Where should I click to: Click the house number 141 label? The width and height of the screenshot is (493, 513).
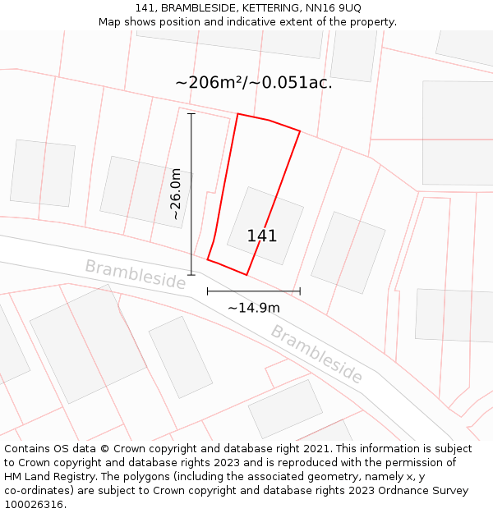tap(262, 236)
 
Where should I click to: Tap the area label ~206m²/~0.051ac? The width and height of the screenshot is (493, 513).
tap(254, 83)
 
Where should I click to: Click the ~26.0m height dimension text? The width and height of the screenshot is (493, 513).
tap(176, 194)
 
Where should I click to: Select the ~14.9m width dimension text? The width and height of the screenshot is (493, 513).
tap(254, 308)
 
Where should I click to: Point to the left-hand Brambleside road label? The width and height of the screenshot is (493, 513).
tap(136, 274)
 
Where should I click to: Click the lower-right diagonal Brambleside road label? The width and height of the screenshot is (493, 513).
tap(316, 355)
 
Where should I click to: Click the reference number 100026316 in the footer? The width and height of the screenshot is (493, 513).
tap(34, 505)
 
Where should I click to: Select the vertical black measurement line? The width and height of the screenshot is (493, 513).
tap(191, 194)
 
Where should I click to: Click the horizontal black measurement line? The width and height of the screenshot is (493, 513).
tap(254, 291)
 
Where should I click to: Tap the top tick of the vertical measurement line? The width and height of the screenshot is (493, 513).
tap(191, 113)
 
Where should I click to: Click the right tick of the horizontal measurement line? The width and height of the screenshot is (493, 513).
tap(300, 291)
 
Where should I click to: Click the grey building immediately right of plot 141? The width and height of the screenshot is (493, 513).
tap(348, 252)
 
